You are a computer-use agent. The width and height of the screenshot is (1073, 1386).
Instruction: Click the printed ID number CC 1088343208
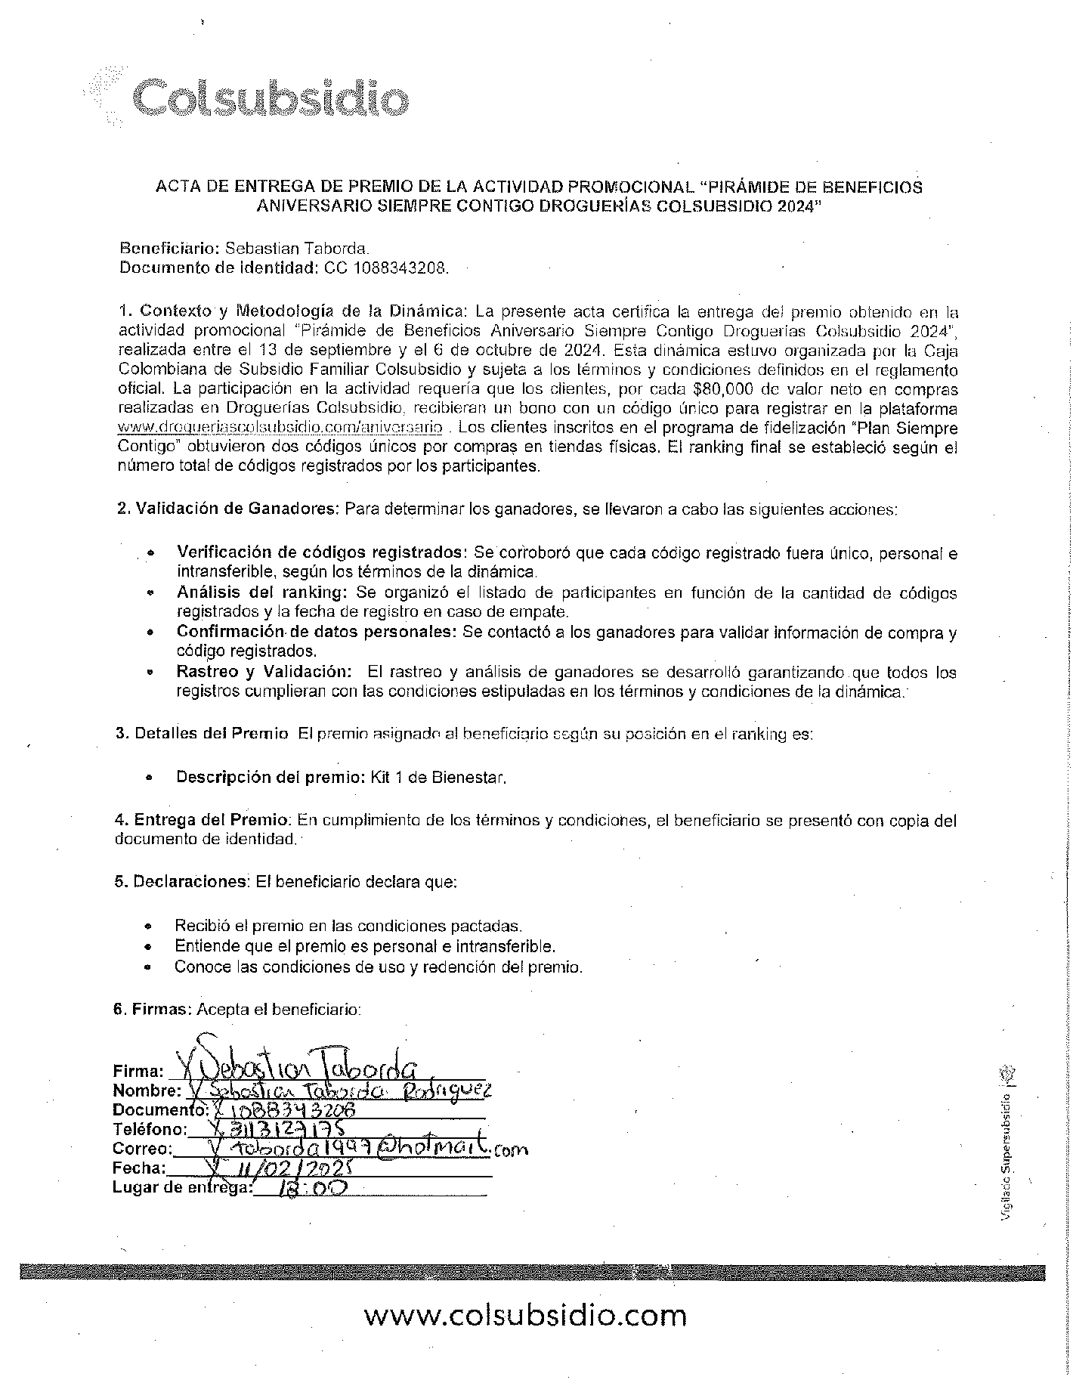tap(386, 268)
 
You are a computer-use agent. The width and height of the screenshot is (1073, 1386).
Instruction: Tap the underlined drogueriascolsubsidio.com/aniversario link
tap(280, 428)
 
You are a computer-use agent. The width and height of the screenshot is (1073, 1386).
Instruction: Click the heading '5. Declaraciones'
tap(181, 882)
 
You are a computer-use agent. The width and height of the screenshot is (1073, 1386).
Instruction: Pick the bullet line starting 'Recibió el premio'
tap(348, 926)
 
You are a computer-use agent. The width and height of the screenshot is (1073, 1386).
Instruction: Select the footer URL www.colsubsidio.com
tap(525, 1316)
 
